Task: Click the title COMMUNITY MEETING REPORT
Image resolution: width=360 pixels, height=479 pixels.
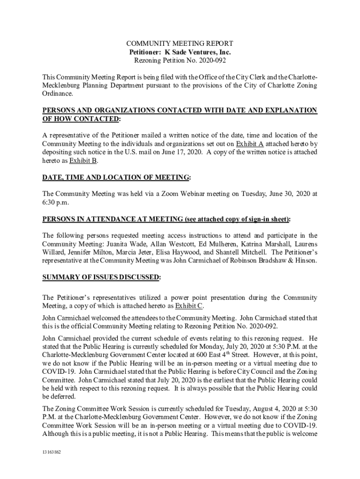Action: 180,44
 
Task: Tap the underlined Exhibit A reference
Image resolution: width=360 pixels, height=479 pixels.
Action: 250,144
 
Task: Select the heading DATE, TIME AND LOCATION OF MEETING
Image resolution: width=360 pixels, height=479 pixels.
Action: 116,178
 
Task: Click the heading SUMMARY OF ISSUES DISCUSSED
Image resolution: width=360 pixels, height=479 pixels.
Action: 101,277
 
